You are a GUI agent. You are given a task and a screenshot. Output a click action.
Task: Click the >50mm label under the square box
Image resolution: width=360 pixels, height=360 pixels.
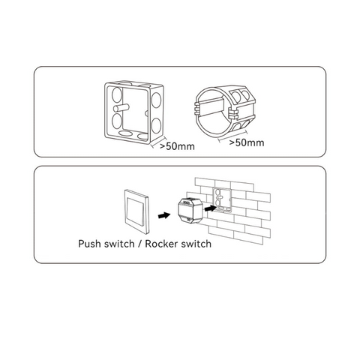click(x=177, y=146)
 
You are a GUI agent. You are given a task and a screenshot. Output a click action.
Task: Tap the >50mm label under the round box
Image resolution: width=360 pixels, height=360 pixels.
click(x=247, y=142)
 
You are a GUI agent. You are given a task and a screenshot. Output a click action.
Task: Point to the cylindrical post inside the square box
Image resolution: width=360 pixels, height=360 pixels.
click(x=121, y=108)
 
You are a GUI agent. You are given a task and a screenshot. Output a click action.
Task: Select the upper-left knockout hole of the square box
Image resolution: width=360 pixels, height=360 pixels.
click(x=117, y=94)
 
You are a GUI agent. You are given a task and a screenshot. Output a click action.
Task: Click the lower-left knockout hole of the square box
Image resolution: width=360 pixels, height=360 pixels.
click(x=117, y=121)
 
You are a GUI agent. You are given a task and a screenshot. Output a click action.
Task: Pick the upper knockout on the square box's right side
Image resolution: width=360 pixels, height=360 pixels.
click(x=156, y=100)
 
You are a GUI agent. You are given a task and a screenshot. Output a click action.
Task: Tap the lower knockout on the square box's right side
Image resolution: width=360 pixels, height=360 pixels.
click(x=156, y=125)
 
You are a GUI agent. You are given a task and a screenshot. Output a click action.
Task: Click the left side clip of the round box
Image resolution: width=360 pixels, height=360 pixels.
click(x=197, y=108)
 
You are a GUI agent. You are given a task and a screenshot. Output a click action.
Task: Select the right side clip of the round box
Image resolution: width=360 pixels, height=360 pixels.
click(x=232, y=115)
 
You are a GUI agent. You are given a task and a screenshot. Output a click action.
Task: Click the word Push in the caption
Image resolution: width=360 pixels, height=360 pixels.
click(x=90, y=244)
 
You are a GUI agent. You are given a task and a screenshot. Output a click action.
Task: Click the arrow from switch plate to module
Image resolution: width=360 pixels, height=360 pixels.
click(x=164, y=215)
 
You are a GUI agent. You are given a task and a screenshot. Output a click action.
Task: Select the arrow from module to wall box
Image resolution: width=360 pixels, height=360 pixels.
click(x=211, y=208)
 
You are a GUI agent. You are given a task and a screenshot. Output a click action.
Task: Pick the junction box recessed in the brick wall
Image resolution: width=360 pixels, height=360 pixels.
click(x=222, y=200)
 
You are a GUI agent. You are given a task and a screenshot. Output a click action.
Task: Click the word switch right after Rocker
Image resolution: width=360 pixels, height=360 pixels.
click(x=196, y=244)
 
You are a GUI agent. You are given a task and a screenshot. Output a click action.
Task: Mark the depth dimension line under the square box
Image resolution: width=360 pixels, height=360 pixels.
click(x=159, y=142)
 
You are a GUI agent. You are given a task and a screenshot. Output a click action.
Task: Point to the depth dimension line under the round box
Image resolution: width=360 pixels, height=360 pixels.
click(x=233, y=136)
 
